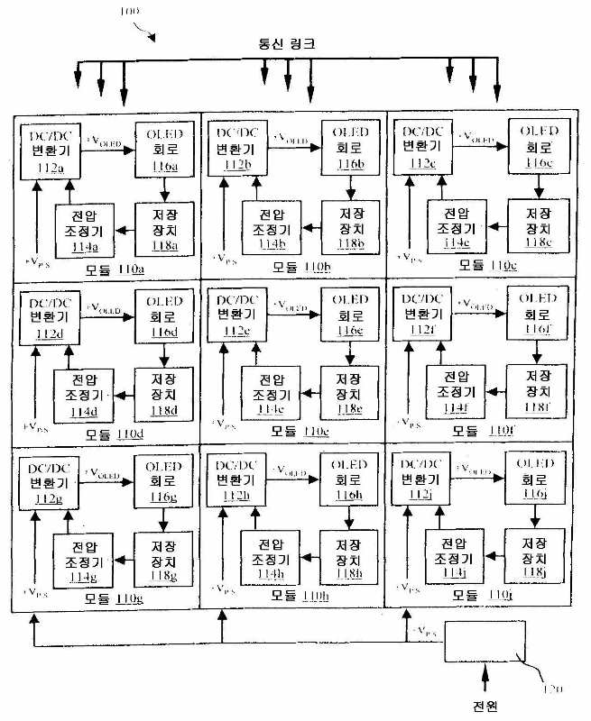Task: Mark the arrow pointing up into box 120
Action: [x=487, y=677]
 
